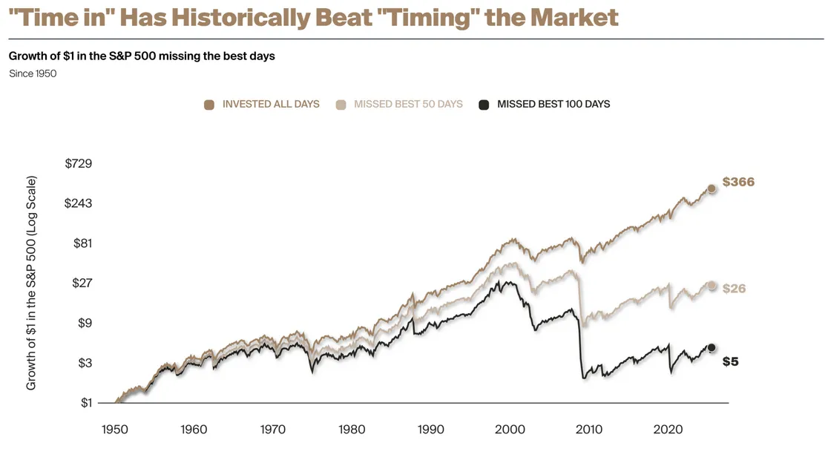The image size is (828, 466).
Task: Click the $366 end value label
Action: pos(737,182)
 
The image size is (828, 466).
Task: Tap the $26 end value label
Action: pos(734,289)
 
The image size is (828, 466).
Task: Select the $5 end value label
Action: pos(730,361)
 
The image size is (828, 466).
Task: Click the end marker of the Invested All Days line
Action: pos(712,188)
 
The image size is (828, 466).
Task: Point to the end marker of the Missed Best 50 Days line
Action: pos(712,286)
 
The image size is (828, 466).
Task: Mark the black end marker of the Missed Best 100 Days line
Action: pos(712,347)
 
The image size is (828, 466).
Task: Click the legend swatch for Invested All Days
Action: pos(209,105)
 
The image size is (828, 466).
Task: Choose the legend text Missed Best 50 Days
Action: pos(408,105)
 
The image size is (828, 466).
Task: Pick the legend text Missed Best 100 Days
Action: pos(553,105)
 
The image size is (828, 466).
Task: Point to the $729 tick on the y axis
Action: pos(79,163)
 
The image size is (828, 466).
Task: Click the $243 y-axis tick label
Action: pos(79,203)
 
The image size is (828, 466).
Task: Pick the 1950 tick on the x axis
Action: pos(114,430)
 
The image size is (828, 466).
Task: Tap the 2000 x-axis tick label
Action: pos(510,430)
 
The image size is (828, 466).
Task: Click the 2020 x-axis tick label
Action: pos(668,430)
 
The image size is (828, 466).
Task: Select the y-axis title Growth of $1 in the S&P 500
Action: pos(31,283)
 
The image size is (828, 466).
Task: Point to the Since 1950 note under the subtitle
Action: pos(33,73)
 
